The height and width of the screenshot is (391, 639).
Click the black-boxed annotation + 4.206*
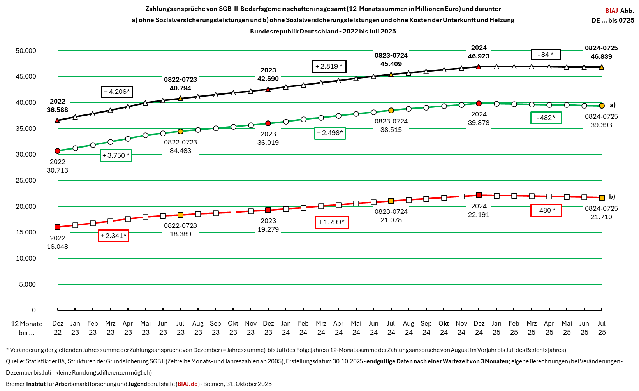117,92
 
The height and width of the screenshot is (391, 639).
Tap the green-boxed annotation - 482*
546,118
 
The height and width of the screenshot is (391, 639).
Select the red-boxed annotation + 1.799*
331,222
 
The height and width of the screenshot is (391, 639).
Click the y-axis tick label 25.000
26,180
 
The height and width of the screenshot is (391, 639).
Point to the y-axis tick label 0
34,310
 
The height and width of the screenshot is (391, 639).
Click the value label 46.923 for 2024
479,56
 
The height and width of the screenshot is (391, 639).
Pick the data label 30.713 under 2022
57,170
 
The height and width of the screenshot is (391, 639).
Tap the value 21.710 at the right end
601,217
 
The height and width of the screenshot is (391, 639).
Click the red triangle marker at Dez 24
479,67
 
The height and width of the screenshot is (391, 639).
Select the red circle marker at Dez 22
58,151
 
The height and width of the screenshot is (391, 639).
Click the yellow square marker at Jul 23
180,215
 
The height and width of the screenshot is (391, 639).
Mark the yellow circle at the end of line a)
602,106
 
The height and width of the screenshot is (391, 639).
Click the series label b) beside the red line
612,196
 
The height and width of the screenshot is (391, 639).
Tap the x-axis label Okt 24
444,328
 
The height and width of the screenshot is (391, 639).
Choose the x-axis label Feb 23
93,328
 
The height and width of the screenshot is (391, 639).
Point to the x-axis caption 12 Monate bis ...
26,328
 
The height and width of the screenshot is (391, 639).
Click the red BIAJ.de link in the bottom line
188,384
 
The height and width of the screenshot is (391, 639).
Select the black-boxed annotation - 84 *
546,55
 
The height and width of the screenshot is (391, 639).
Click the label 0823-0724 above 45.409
391,55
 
